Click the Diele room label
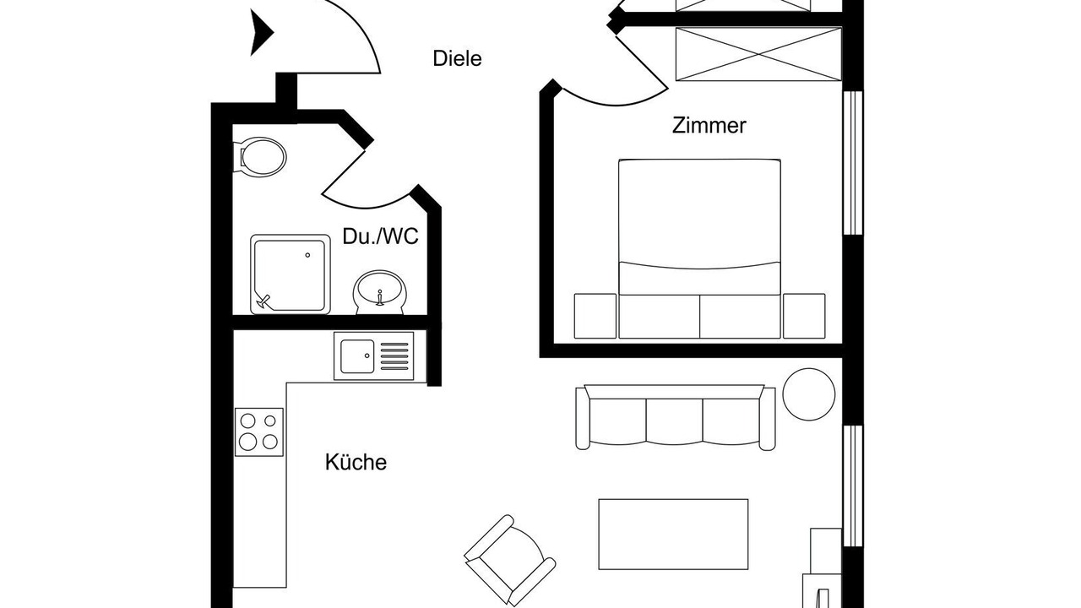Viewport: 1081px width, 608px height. coord(457,58)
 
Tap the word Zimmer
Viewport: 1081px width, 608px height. coord(709,126)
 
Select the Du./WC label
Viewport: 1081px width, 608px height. coord(380,236)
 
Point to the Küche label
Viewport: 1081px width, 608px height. coord(356,462)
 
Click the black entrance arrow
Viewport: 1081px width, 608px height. coord(261,33)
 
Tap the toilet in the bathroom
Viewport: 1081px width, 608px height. coord(259,157)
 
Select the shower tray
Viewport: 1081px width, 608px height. coord(291,274)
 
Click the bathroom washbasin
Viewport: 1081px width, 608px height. coord(380,292)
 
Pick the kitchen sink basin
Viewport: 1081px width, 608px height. coord(357,356)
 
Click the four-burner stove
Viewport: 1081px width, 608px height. coord(259,432)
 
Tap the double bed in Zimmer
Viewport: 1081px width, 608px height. coord(699,248)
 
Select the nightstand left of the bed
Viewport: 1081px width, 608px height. coord(595,316)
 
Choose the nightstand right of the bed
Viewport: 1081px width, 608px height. coord(804,316)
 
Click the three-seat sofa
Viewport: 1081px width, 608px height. coord(675,417)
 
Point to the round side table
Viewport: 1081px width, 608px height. coord(809,394)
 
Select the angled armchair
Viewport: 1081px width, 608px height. coord(510,560)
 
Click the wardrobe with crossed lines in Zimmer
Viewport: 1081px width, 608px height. coord(758,54)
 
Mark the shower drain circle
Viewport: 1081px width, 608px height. coord(307,255)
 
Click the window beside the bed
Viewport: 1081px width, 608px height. coord(853,163)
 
